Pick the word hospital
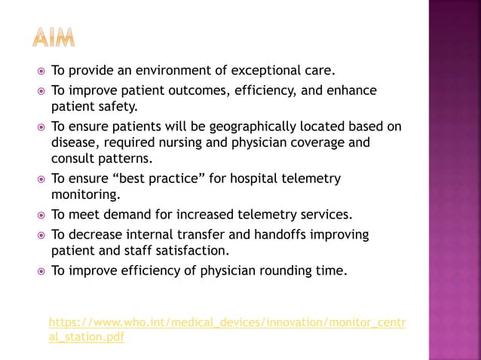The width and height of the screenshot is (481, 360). click(253, 178)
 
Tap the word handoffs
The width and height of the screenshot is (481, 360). click(274, 234)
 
